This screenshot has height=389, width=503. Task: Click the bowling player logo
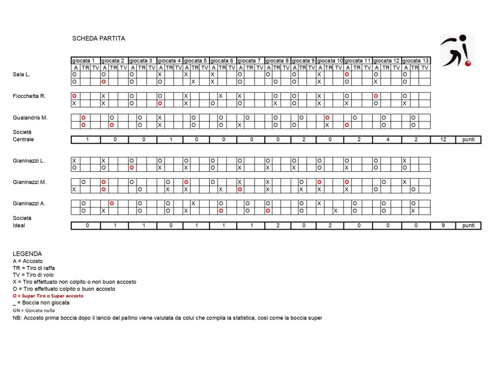tap(456, 51)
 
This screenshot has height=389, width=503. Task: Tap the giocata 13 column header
tap(415, 60)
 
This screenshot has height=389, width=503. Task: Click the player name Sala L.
tap(22, 74)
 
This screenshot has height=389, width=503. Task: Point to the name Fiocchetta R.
tap(29, 96)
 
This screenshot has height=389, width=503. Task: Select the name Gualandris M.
tap(30, 118)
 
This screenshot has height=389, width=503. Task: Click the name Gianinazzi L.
tap(29, 161)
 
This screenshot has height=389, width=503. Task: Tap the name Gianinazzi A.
tap(29, 203)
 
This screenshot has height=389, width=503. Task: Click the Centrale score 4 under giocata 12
tap(387, 140)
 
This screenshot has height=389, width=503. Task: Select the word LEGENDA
tap(27, 254)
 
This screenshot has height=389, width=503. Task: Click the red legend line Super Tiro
tap(48, 296)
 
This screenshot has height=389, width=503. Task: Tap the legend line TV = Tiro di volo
tap(33, 274)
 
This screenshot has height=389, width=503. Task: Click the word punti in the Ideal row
tap(468, 226)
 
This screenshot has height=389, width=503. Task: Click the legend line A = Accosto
tap(28, 261)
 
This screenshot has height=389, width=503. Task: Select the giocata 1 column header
tap(85, 60)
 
